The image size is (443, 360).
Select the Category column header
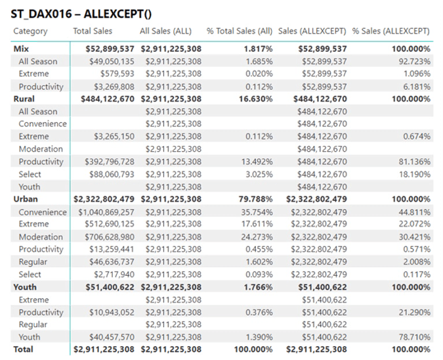coord(30,31)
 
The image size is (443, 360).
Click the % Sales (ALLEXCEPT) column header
coord(390,31)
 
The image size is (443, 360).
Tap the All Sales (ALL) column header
coord(165,31)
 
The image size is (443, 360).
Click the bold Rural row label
coord(24,99)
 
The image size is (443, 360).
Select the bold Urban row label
coord(26,199)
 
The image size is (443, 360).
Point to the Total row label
coord(24,349)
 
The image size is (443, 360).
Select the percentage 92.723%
coord(412,62)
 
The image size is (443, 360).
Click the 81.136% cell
coord(412,162)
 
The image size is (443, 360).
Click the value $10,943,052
coord(110,312)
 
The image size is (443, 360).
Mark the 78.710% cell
coord(412,337)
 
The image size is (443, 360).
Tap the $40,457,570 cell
coord(110,337)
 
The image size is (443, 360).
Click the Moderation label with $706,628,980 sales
coord(41,237)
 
